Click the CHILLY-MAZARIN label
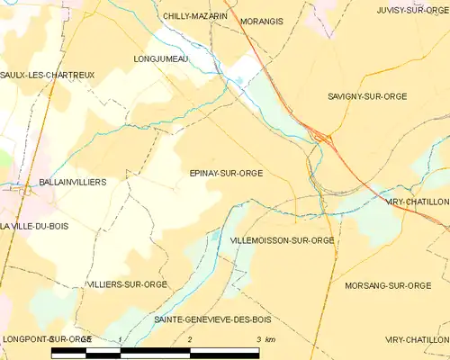(195, 16)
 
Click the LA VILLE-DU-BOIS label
(34, 226)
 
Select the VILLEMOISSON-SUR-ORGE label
(283, 241)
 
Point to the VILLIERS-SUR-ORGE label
(126, 284)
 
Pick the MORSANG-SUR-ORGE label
(388, 285)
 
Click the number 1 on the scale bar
(121, 339)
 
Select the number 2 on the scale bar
(190, 339)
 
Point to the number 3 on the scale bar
(258, 339)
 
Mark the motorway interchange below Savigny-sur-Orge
(320, 137)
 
